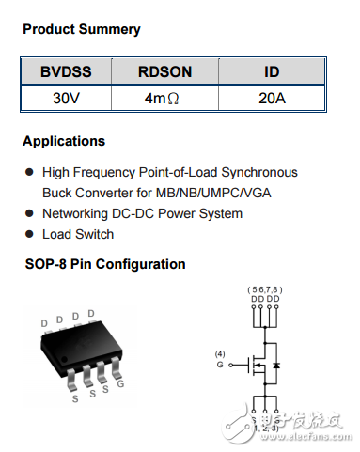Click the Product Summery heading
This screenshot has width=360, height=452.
[81, 29]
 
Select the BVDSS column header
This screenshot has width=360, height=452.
[66, 72]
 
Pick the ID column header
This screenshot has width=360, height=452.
[272, 72]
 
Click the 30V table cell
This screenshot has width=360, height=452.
[66, 98]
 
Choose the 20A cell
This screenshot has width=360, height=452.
[272, 98]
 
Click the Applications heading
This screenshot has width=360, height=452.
[64, 142]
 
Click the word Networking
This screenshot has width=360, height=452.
[78, 213]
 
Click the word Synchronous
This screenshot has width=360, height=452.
[260, 172]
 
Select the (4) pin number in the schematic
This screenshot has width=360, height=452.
[221, 353]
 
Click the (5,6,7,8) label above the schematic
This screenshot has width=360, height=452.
[265, 288]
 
